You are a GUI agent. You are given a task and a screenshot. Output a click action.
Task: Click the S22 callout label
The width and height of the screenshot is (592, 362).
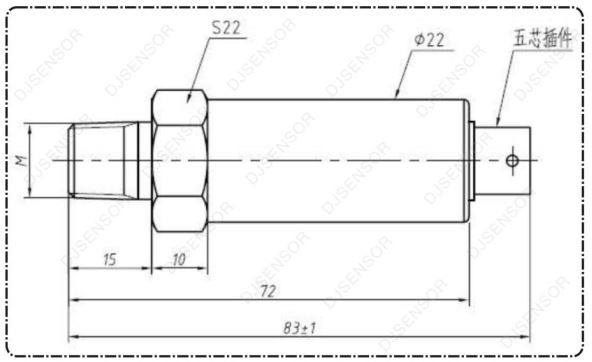tap(226, 28)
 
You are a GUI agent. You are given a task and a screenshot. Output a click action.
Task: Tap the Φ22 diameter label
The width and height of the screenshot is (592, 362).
tap(429, 40)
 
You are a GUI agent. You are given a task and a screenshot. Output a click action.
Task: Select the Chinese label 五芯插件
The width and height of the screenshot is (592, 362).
tap(543, 39)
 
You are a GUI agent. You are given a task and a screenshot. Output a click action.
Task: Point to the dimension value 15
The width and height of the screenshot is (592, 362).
tap(110, 260)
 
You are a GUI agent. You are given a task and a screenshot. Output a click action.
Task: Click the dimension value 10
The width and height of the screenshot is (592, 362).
tap(179, 260)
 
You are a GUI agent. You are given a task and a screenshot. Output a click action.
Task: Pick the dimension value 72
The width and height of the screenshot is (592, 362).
tap(268, 291)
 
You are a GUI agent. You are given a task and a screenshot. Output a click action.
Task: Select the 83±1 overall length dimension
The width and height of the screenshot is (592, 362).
tap(299, 328)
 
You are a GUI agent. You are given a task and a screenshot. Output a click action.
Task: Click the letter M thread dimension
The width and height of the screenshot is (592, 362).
tap(21, 160)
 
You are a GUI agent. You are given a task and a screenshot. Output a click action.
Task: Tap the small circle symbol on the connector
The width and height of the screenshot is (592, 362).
tap(512, 161)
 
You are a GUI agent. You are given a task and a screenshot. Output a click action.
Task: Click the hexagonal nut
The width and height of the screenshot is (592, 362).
tap(180, 160)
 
